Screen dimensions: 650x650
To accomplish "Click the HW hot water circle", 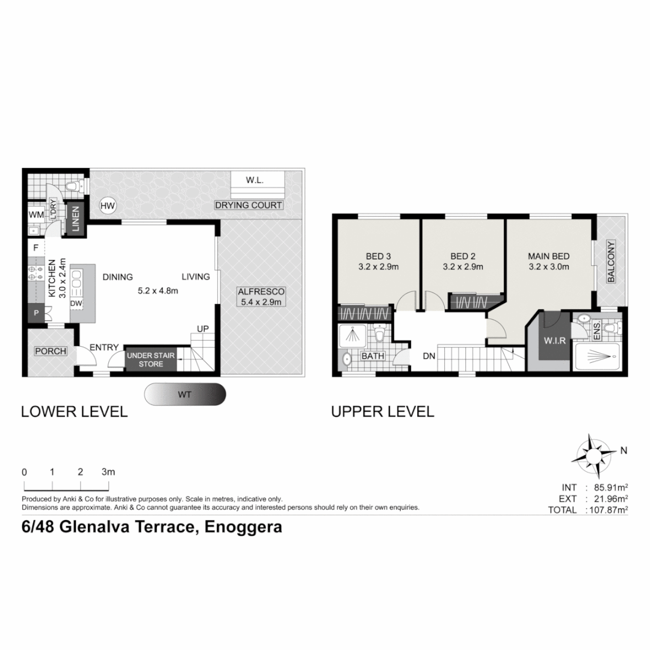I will click(x=108, y=206).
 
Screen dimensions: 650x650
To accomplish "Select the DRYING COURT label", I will click(x=249, y=205).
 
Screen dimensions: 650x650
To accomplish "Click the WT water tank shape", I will click(x=185, y=395).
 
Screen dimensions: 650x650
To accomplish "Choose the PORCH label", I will click(x=50, y=351).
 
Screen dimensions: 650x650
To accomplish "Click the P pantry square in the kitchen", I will click(x=36, y=313).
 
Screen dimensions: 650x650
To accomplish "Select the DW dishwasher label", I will click(x=76, y=303).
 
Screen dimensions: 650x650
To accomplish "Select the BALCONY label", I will click(x=610, y=262).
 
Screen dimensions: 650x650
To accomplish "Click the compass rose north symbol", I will click(x=593, y=454).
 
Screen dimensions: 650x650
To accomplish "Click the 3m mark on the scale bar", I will click(x=108, y=472).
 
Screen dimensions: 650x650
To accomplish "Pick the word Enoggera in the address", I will click(x=244, y=527).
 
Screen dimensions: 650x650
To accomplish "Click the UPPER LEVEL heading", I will click(x=382, y=412).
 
